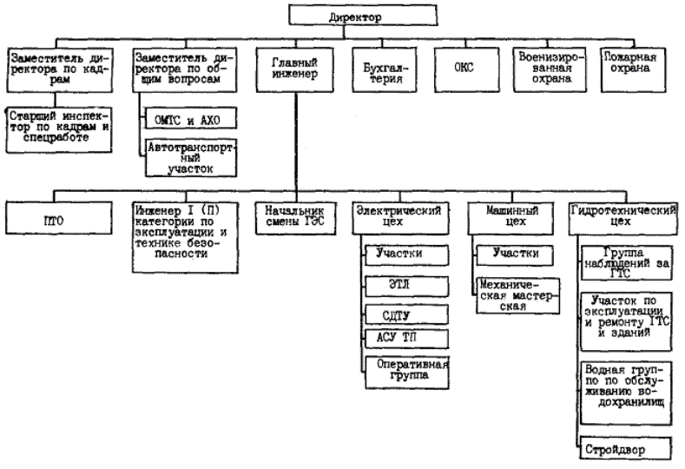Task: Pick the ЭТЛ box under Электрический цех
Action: (405, 284)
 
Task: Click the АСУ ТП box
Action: (405, 337)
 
